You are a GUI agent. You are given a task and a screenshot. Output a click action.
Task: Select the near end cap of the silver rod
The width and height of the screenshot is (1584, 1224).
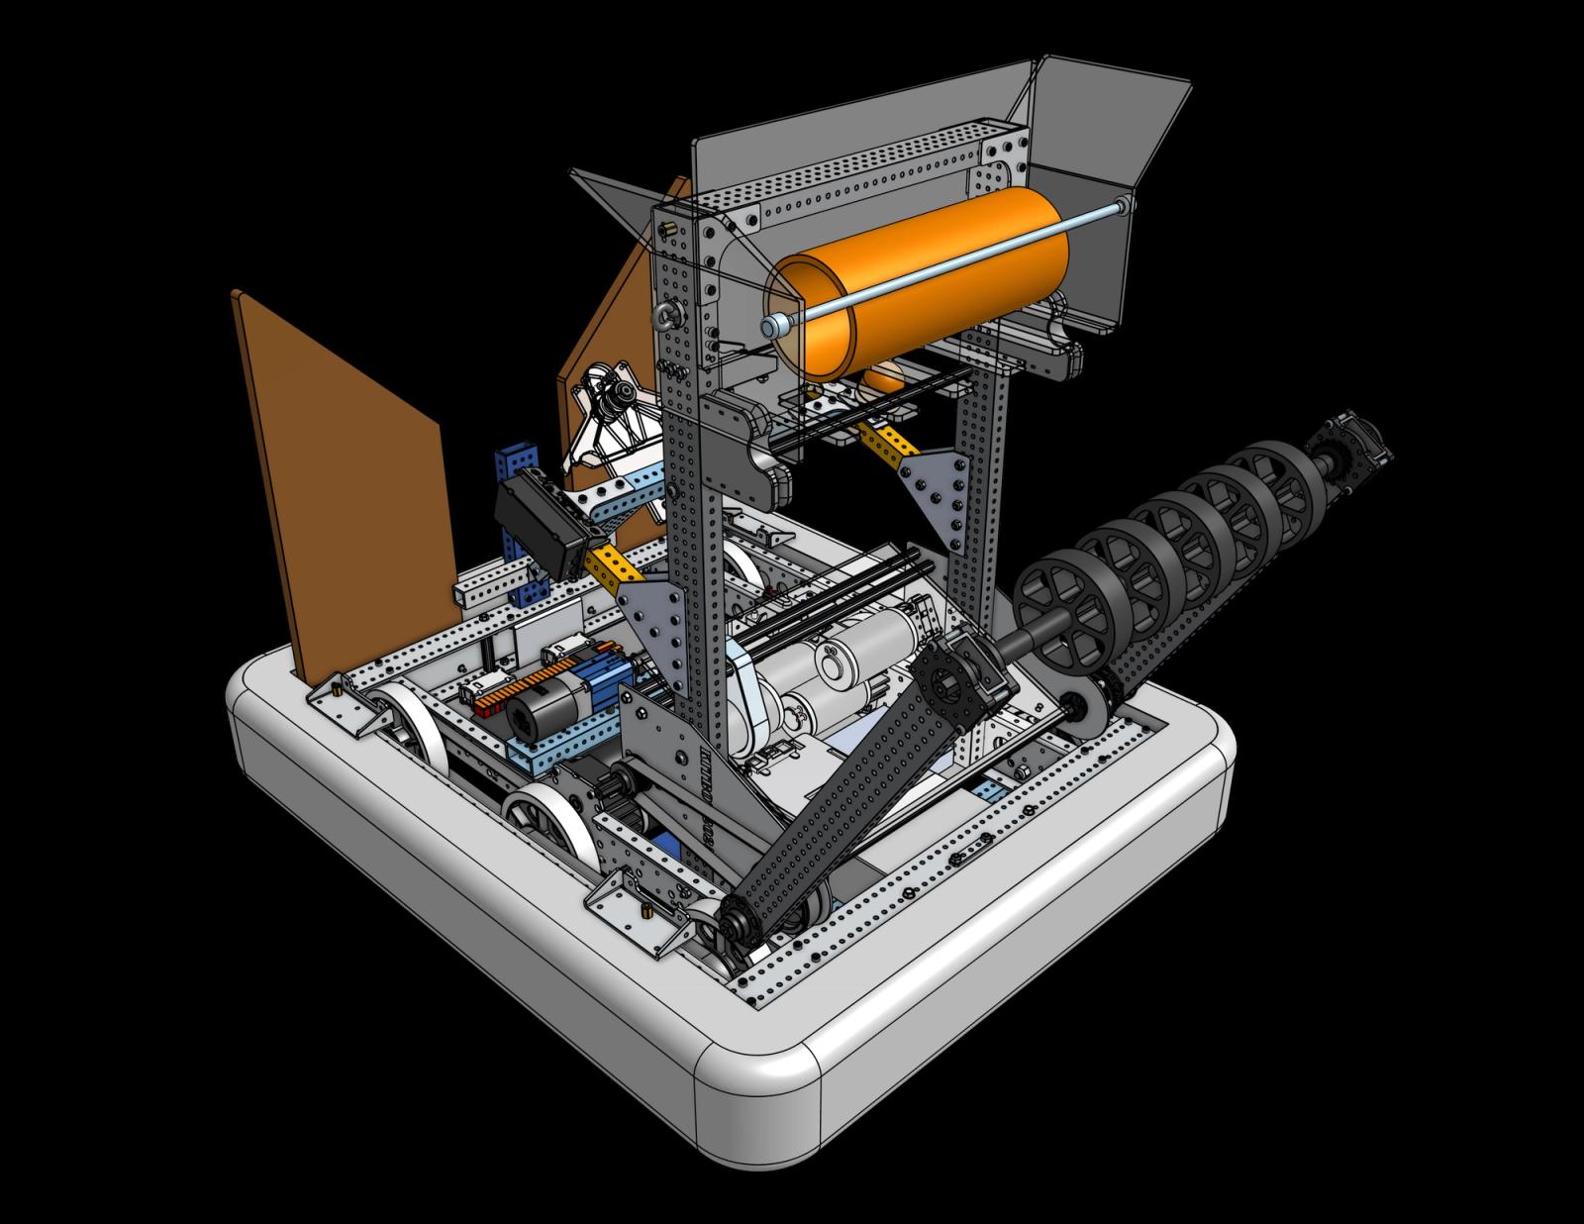[x=769, y=326]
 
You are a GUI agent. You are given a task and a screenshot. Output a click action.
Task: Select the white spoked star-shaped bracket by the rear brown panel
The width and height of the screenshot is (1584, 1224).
[x=609, y=416]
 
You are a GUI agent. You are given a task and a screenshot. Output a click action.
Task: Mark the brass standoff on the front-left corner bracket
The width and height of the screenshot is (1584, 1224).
[x=644, y=910]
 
